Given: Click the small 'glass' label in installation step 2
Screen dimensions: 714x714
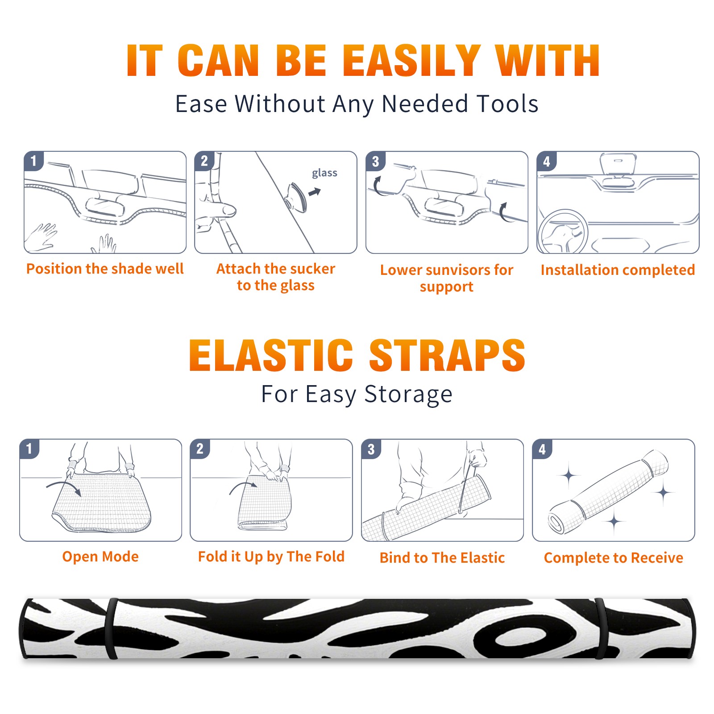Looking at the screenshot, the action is tap(324, 173).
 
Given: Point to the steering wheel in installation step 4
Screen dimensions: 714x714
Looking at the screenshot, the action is tap(563, 232).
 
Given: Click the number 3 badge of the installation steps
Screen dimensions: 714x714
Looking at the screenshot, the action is tap(375, 161).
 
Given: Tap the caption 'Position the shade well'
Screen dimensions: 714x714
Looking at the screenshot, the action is tap(105, 269).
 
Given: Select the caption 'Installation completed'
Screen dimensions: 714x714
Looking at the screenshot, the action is tap(618, 270).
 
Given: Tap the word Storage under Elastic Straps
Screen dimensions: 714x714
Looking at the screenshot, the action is tap(408, 394).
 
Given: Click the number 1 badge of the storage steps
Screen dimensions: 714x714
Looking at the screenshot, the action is tap(29, 448).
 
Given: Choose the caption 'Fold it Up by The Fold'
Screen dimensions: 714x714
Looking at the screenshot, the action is tap(271, 557).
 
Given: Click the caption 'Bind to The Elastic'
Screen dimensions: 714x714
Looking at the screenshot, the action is tap(442, 558).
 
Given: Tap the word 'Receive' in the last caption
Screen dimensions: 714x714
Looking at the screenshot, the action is tap(657, 558).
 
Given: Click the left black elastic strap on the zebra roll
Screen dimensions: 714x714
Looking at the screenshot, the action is tap(111, 629).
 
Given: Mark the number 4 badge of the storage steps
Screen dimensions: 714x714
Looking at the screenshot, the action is tap(542, 448).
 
